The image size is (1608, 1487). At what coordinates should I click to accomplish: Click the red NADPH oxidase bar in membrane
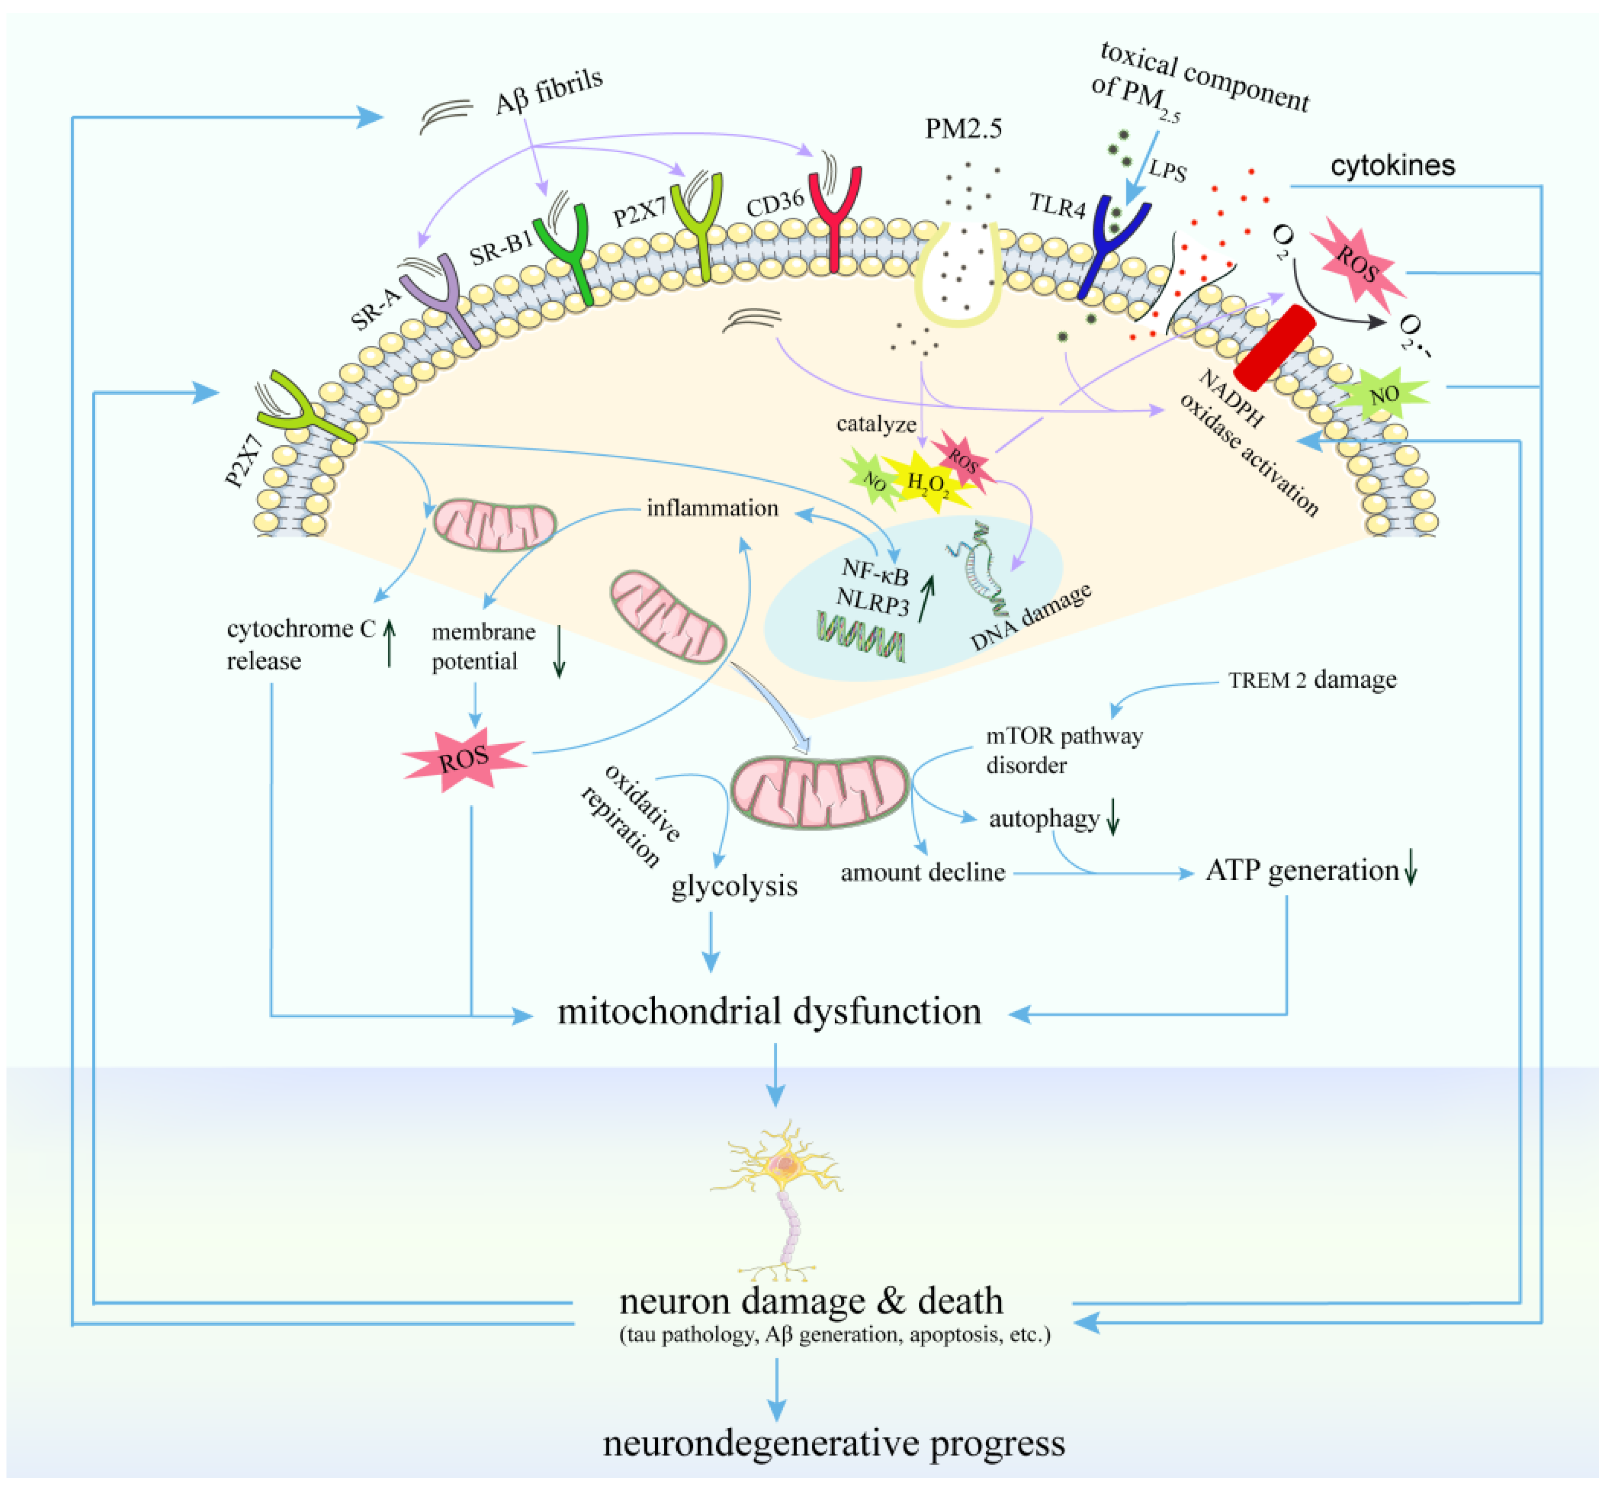pos(1274,348)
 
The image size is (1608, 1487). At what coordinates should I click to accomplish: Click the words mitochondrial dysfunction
pos(769,1011)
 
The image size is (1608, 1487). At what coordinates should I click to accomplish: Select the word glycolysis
pos(734,886)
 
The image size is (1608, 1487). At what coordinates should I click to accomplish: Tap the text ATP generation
pos(1301,871)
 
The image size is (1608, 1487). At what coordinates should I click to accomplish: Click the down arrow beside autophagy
pos(1113,817)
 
